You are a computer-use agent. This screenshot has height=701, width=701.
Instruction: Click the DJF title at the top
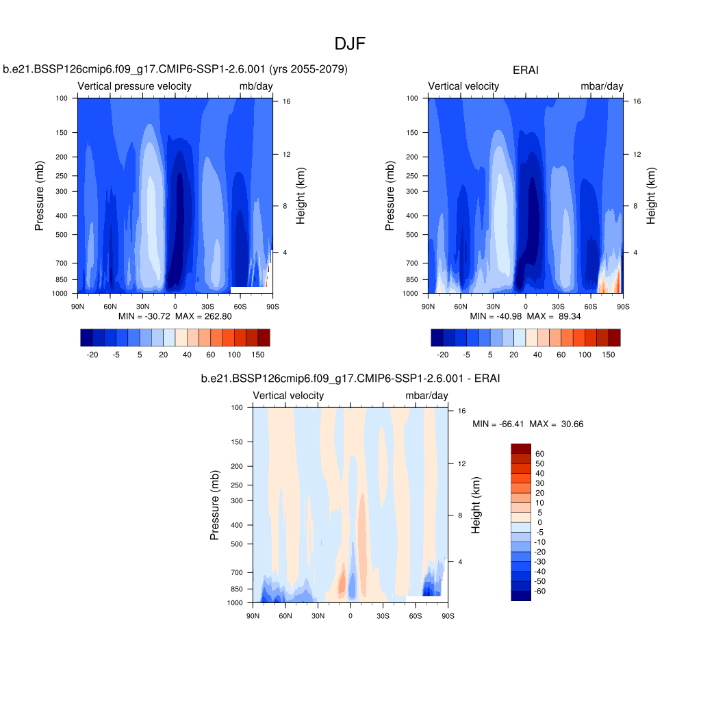(350, 44)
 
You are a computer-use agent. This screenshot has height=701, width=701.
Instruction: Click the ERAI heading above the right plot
(525, 70)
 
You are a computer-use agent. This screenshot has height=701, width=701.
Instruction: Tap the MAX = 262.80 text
(204, 316)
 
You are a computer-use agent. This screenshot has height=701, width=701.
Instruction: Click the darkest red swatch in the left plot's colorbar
(264, 337)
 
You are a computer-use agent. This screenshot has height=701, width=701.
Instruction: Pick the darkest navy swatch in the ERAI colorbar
(437, 337)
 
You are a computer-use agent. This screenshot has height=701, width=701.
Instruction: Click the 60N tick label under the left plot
(110, 307)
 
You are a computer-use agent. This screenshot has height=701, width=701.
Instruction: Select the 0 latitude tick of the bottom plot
(350, 616)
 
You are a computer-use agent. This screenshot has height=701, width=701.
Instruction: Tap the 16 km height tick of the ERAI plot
(636, 101)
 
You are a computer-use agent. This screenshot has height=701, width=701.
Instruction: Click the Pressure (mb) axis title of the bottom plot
(215, 505)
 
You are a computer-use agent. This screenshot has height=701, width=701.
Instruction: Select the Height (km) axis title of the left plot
(301, 195)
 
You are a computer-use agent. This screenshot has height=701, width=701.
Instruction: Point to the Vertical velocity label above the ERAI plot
(463, 86)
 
